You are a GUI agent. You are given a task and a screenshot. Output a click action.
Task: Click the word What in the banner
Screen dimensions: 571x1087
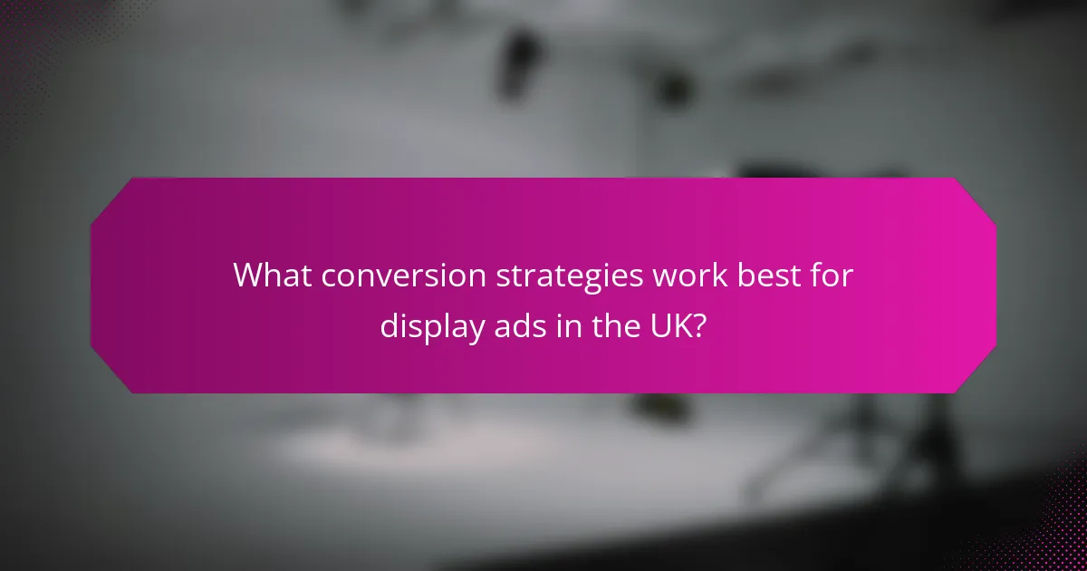(270, 276)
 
